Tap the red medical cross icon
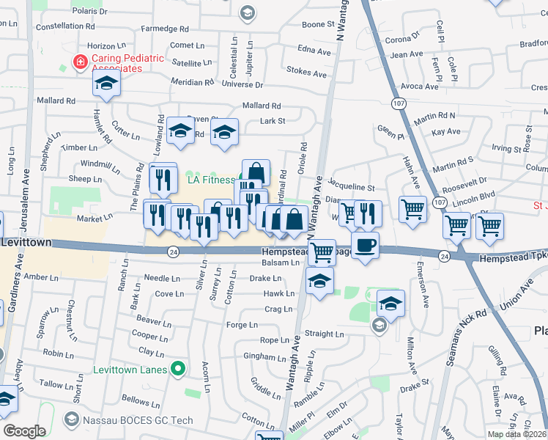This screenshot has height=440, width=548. tap(79, 62)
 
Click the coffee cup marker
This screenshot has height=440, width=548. tap(365, 246)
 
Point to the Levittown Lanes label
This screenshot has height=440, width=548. tap(130, 368)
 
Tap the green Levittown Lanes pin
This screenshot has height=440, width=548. tap(177, 368)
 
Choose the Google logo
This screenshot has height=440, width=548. tap(24, 431)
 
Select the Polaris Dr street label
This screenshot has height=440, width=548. tap(91, 12)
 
